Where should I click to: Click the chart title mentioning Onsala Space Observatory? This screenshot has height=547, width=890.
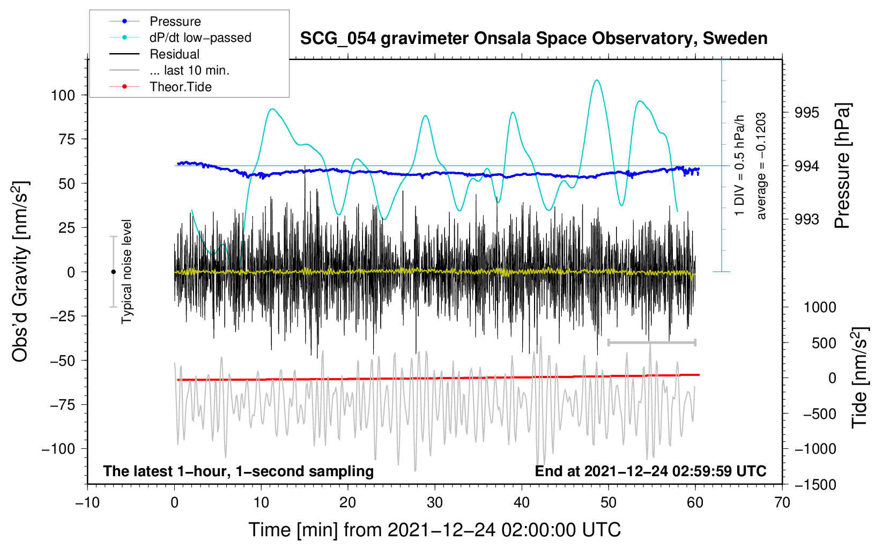point(533,39)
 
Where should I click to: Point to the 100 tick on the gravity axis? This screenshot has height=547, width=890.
point(63,95)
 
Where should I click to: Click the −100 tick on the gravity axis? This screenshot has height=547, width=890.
point(58,449)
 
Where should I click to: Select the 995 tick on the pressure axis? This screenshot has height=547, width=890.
point(807,113)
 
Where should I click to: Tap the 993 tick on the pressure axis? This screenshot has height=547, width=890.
point(807,219)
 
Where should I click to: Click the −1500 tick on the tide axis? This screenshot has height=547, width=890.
point(815,485)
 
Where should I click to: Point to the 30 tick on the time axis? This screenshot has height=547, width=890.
point(435,503)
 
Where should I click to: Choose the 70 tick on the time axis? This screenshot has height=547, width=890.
point(782,503)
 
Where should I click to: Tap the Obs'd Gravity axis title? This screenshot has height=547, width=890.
point(20,271)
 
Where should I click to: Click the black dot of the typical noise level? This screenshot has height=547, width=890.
point(113,272)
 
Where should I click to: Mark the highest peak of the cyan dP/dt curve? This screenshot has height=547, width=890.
point(597,80)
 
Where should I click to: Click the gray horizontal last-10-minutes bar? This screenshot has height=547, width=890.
point(651,342)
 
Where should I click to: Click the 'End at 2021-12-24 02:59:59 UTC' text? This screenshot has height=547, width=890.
point(650,471)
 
